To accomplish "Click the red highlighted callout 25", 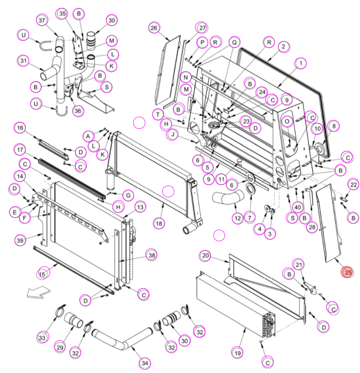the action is [x=347, y=272].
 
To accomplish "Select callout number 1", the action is [x=300, y=63].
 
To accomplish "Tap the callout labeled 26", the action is [x=154, y=28].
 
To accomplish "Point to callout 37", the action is [x=42, y=20].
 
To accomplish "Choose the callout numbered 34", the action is [x=145, y=363].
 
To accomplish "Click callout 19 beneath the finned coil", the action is [x=238, y=353].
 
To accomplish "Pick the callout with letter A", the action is [x=88, y=136].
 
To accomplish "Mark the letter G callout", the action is [x=128, y=195].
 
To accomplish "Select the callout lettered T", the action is [x=158, y=115].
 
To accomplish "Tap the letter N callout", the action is [x=186, y=77].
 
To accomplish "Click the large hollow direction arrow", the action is [x=38, y=292].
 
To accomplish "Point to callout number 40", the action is [x=298, y=207].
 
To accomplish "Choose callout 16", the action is [x=20, y=128].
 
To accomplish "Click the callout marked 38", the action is [x=151, y=255].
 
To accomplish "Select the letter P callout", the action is [x=202, y=43].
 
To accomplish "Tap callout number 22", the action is [x=353, y=185].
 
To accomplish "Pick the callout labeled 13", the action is [x=140, y=207].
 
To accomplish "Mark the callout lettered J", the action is [x=173, y=134].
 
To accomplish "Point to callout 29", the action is [x=60, y=347].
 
